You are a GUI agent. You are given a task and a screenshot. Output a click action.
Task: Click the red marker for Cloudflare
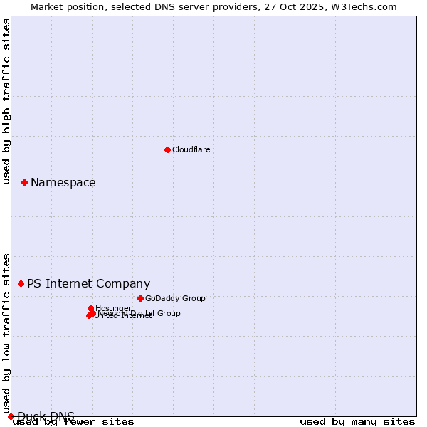(x=167, y=149)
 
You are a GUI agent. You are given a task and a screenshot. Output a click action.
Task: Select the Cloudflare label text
(x=191, y=150)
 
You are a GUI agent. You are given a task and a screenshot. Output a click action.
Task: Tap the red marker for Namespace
(x=24, y=183)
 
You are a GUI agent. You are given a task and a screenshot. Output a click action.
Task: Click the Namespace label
(x=63, y=183)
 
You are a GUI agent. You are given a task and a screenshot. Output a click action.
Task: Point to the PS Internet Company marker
(x=21, y=283)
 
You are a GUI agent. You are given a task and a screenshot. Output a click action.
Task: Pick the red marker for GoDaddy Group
(x=140, y=298)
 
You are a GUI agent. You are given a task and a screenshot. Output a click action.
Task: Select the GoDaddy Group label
(x=175, y=299)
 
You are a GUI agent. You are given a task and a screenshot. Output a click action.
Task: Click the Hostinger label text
(x=113, y=308)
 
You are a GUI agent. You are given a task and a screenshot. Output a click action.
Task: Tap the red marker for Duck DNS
(x=11, y=416)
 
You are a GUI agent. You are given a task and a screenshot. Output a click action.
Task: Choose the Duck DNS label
(x=46, y=417)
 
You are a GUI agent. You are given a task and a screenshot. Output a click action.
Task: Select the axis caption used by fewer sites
(x=73, y=422)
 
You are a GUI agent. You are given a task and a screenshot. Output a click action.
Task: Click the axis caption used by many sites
(x=357, y=422)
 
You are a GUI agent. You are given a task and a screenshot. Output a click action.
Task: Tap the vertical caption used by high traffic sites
(x=7, y=102)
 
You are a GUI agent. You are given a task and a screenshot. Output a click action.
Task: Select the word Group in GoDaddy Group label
(x=193, y=299)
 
